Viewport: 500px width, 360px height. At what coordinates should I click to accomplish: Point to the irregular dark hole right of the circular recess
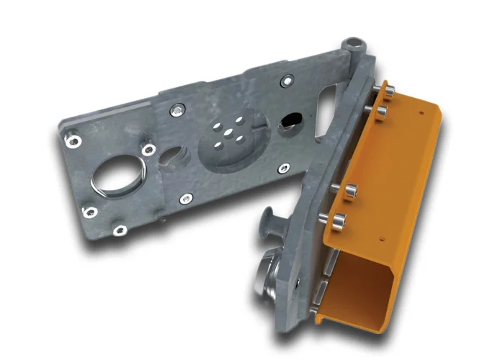click(x=290, y=122)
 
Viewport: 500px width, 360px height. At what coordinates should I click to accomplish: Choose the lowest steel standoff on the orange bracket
click(x=339, y=217)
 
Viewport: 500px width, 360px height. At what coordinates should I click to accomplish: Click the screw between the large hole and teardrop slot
click(x=148, y=150)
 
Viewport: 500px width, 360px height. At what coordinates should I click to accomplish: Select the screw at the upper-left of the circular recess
click(x=176, y=109)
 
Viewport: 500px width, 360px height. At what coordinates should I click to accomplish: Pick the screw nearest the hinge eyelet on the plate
click(x=287, y=81)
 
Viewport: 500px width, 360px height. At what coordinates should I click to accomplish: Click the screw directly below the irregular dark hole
click(x=284, y=168)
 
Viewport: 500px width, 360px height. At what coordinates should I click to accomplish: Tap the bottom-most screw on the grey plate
click(x=120, y=230)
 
